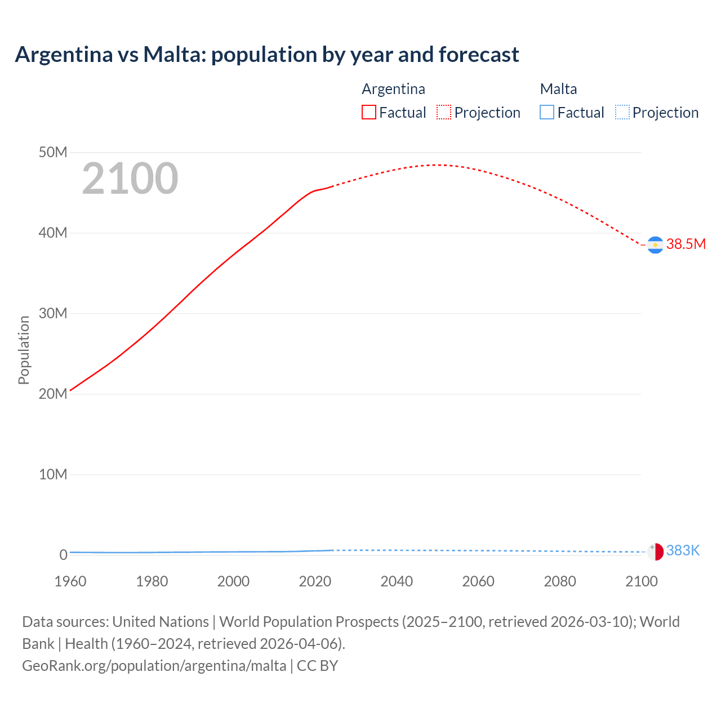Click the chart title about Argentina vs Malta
click(x=267, y=55)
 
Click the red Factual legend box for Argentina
click(x=368, y=112)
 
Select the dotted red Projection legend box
click(x=444, y=112)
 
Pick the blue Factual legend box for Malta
click(x=547, y=112)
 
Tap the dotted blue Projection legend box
click(x=622, y=112)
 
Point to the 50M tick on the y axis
click(x=53, y=152)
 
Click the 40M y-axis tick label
click(x=53, y=233)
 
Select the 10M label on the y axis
click(x=53, y=474)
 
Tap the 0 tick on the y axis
click(x=63, y=555)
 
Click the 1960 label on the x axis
click(x=70, y=581)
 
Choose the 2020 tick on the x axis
click(x=315, y=581)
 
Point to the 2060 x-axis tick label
click(x=478, y=581)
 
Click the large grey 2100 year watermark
click(x=130, y=179)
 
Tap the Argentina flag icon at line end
click(x=655, y=245)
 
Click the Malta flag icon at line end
click(x=655, y=551)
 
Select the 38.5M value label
click(x=686, y=244)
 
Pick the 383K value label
click(x=683, y=550)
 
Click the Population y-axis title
click(x=24, y=350)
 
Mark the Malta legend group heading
click(x=558, y=89)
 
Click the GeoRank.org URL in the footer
click(x=154, y=665)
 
